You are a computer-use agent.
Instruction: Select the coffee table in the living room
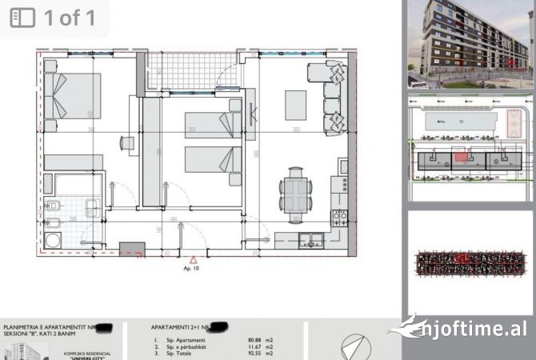click(x=295, y=104)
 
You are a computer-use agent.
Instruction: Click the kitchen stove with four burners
click(x=339, y=216)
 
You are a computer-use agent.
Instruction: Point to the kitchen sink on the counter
click(x=308, y=238)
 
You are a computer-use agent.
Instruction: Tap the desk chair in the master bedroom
click(x=126, y=143)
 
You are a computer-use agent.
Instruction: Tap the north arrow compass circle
click(x=356, y=347)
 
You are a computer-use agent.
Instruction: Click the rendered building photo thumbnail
click(x=470, y=44)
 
